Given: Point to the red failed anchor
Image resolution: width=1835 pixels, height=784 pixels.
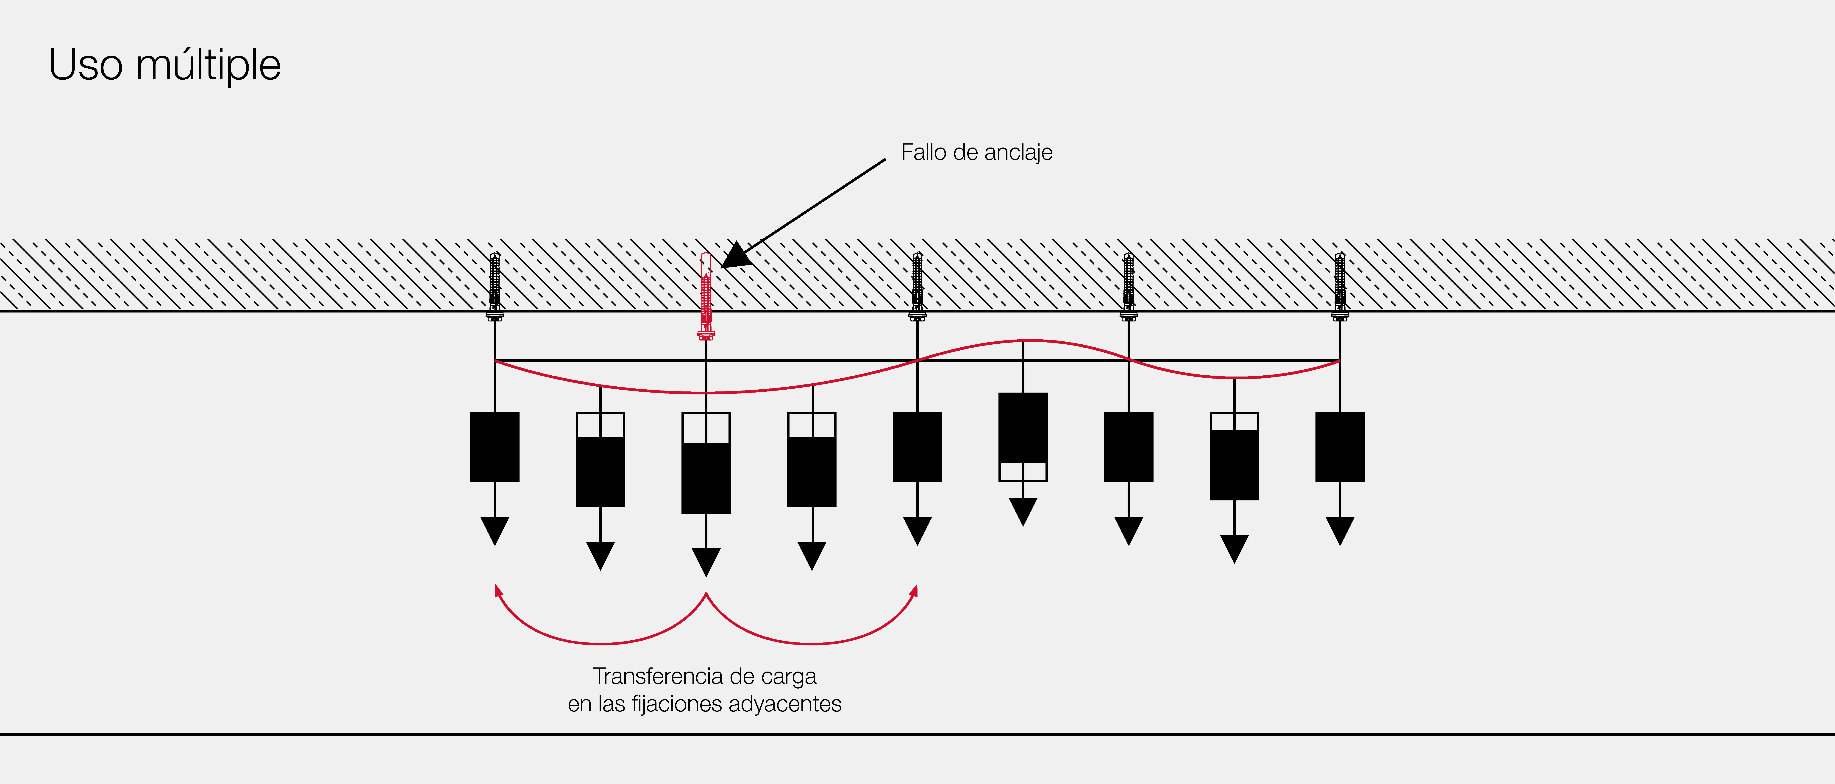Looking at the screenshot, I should tap(706, 296).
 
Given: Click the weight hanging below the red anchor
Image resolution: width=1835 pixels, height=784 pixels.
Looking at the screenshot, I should tap(706, 463).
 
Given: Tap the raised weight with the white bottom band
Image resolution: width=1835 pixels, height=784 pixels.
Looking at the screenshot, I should tap(1023, 436).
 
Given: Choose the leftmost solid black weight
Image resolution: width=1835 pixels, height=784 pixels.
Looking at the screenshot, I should tap(494, 447).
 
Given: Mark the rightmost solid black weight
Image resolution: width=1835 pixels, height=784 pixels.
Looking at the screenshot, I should tap(1340, 447).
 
